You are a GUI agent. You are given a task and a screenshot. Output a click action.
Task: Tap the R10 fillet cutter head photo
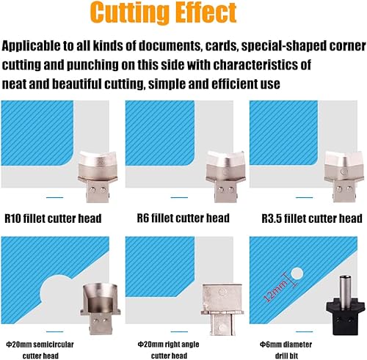click(x=98, y=177)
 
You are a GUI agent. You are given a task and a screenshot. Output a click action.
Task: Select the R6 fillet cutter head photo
click(x=225, y=177)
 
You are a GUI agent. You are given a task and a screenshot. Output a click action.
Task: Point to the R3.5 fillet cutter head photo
click(x=344, y=177)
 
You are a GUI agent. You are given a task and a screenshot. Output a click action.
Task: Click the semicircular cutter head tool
click(x=101, y=309)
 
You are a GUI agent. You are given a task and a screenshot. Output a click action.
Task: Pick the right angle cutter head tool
click(x=222, y=309)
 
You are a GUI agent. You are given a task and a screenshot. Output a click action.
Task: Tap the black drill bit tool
click(x=346, y=305)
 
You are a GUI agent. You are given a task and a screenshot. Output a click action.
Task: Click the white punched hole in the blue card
click(x=297, y=273)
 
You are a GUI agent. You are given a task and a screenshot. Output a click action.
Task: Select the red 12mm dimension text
click(x=275, y=290)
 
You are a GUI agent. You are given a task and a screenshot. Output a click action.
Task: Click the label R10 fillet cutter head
click(x=53, y=218)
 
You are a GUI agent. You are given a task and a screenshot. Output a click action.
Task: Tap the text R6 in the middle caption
click(x=142, y=218)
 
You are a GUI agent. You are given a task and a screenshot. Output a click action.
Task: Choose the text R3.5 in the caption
click(x=272, y=218)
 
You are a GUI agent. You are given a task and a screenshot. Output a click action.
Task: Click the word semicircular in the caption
click(x=53, y=345)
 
